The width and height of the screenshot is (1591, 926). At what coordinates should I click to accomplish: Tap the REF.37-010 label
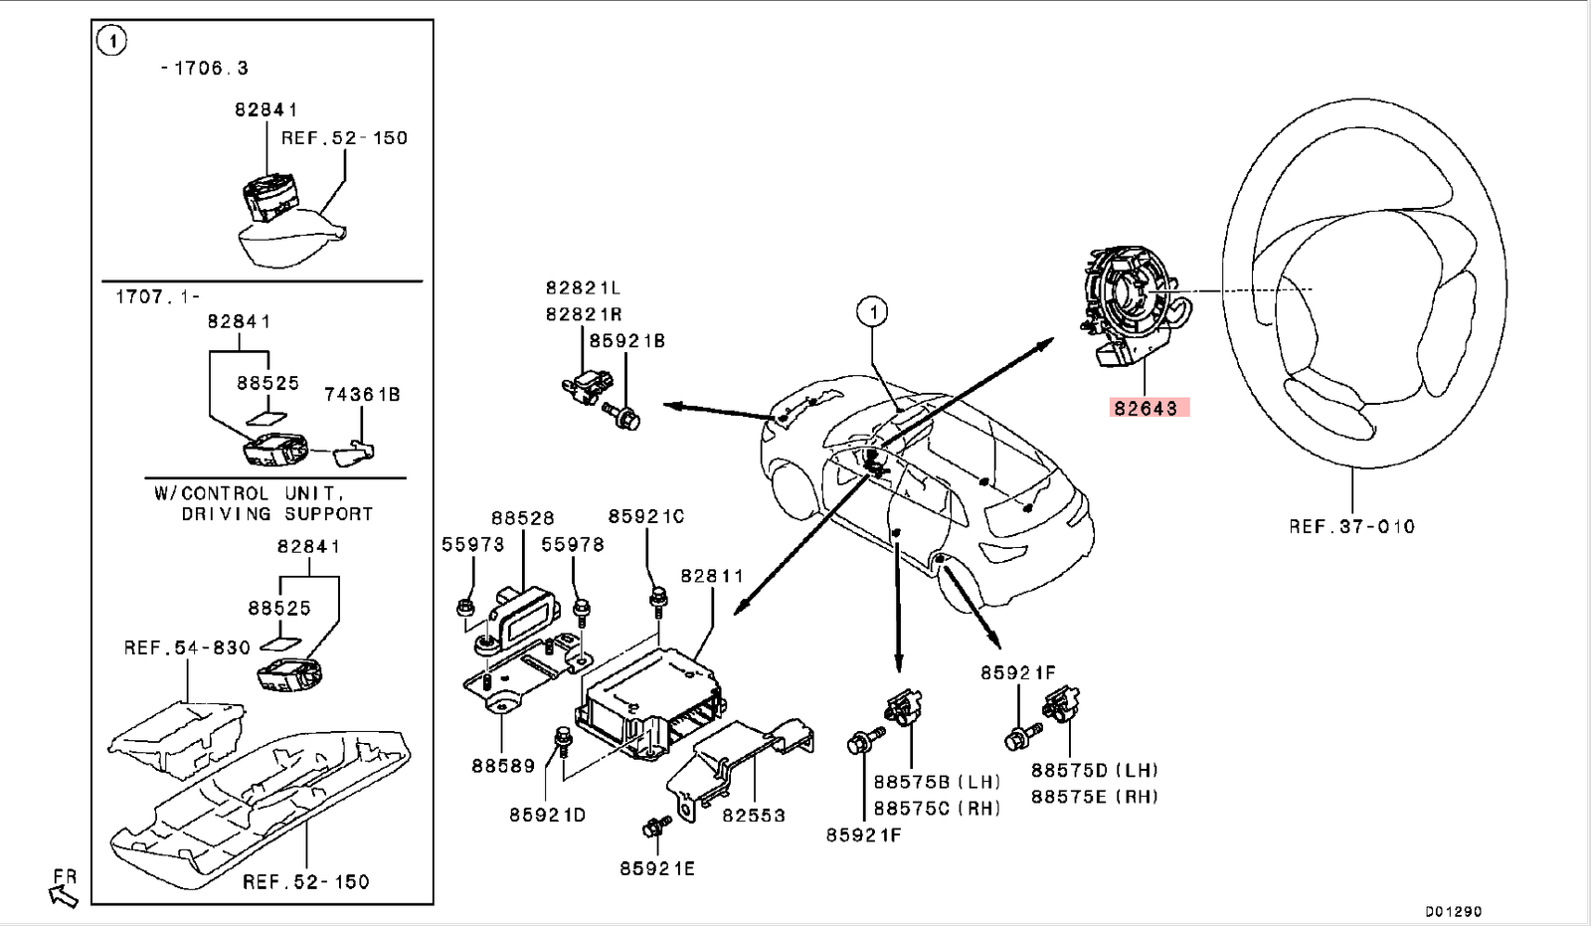[1351, 526]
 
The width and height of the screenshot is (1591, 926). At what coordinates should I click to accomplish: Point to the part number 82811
[712, 576]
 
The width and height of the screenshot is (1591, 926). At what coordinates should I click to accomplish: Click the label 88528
[523, 518]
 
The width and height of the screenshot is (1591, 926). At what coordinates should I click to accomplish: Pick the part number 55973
[473, 544]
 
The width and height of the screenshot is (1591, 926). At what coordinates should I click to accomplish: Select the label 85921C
[646, 516]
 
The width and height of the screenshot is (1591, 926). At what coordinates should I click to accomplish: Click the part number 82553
[754, 815]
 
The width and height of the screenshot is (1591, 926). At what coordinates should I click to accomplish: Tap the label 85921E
[657, 868]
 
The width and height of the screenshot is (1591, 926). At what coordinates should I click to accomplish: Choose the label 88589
[503, 766]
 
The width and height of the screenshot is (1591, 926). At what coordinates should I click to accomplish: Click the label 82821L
[583, 287]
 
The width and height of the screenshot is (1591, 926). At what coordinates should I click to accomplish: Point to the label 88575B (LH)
[937, 782]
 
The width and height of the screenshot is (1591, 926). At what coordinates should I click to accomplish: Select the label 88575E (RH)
[1095, 797]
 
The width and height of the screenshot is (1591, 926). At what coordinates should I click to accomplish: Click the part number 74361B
[362, 395]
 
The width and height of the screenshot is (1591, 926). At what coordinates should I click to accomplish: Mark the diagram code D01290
[1453, 911]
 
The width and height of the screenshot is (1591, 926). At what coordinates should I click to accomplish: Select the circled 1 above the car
[872, 312]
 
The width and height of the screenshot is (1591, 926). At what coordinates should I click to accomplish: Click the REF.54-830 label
[187, 648]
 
